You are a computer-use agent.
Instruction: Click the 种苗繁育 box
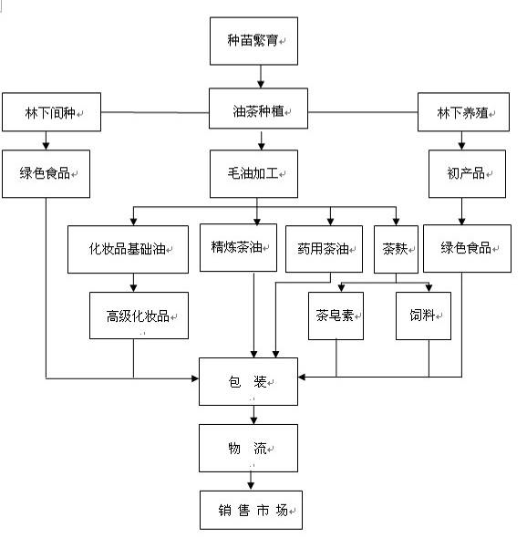(x=253, y=41)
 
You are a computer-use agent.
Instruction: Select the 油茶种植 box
(x=258, y=109)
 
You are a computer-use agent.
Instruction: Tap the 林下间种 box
(x=51, y=112)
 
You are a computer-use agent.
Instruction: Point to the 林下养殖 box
(x=463, y=112)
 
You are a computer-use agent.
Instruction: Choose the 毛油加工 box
(x=253, y=173)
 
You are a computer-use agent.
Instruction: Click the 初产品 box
(x=467, y=173)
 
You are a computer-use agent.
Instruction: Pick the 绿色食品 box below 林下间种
(x=46, y=173)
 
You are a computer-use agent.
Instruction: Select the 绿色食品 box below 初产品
(x=467, y=248)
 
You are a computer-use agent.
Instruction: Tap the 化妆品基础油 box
(x=128, y=249)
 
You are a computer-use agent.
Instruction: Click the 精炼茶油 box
(x=239, y=248)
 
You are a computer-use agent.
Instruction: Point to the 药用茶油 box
(x=324, y=249)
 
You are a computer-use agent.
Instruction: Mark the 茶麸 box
(x=396, y=249)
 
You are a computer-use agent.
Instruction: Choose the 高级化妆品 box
(x=139, y=316)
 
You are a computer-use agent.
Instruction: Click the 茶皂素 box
(x=336, y=316)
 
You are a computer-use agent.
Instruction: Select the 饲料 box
(x=423, y=316)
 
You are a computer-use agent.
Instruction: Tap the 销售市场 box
(x=251, y=510)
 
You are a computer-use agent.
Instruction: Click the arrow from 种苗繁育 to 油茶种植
(x=261, y=77)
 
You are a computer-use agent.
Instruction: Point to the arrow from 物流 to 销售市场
(x=251, y=481)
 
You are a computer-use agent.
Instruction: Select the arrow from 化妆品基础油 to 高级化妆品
(x=133, y=283)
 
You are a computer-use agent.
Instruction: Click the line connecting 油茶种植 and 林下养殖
(x=363, y=112)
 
